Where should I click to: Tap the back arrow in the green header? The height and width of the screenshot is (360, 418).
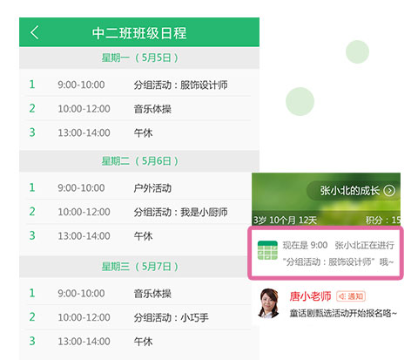coord(35,32)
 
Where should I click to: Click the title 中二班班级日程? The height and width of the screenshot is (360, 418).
coord(139,33)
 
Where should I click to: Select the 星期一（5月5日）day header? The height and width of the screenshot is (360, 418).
coord(139,58)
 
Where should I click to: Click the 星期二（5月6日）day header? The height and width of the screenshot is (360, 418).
coord(139,160)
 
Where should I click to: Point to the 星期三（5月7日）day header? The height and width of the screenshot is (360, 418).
coord(139,266)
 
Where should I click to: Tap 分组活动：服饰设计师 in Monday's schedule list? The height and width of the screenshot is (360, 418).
coord(180,85)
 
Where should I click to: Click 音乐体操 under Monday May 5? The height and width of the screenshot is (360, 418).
coord(152,109)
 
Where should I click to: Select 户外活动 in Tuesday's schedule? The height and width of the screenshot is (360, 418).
coord(152,188)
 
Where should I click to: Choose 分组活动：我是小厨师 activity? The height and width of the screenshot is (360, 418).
coord(180,212)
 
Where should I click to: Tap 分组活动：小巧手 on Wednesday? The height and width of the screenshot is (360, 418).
coord(172,317)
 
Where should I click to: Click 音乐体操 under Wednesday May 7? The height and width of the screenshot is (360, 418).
coord(152,294)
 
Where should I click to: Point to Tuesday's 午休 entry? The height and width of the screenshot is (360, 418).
coord(143,236)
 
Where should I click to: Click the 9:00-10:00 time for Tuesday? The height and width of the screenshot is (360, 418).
coord(81,188)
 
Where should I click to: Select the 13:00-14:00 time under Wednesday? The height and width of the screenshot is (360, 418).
coord(84,342)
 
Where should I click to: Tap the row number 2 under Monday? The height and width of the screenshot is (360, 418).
coord(32,108)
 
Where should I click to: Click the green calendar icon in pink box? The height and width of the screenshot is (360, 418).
coord(267,250)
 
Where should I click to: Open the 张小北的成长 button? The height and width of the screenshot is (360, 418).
coord(354,191)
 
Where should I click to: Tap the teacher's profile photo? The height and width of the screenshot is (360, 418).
coord(269,302)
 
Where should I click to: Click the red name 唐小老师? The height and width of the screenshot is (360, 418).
coord(310,296)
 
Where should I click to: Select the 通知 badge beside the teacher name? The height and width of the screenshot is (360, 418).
coord(351,296)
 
